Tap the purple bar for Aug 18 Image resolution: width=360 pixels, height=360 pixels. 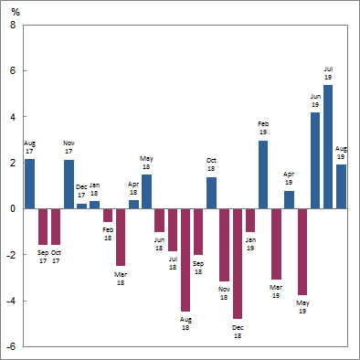tap(185, 259)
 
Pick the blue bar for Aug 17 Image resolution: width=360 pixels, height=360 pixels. tap(29, 184)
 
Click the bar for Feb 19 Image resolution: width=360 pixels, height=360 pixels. tap(263, 175)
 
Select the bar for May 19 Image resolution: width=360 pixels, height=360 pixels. tap(302, 251)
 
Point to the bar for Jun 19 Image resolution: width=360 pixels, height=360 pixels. tap(315, 161)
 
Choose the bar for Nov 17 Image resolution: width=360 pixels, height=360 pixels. tap(69, 185)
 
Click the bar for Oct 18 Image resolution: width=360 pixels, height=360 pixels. tap(211, 193)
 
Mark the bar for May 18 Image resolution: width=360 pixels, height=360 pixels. tap(146, 191)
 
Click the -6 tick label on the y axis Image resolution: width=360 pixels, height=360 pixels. tap(10, 346)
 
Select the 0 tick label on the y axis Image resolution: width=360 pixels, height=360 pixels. tap(12, 208)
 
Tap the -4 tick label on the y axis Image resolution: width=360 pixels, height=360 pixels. tap(10, 301)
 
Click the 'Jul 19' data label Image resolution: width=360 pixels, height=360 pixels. tap(328, 73)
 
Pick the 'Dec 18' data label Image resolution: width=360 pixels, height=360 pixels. tap(237, 331)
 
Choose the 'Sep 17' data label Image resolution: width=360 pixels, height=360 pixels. tap(42, 256)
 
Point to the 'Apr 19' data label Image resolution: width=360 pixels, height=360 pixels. tap(289, 177)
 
